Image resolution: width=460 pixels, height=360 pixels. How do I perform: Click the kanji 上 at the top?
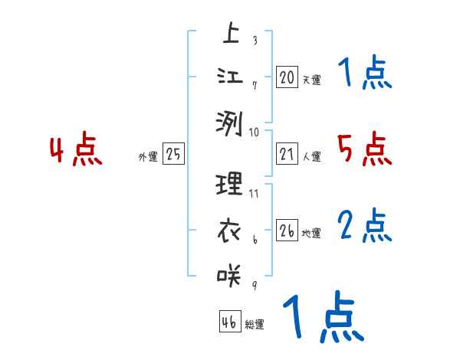click(230, 34)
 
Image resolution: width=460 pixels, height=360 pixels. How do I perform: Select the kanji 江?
click(230, 77)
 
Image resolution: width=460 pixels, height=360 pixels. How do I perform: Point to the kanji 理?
click(230, 184)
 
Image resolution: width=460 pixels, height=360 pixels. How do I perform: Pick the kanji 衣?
click(230, 229)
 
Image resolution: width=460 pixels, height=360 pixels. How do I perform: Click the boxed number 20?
click(287, 77)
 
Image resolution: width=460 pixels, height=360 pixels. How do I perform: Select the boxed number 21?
click(287, 154)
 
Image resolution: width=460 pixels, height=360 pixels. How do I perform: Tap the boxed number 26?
click(287, 231)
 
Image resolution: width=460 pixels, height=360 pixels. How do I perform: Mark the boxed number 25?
click(173, 155)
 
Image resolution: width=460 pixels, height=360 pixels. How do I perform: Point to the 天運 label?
click(311, 80)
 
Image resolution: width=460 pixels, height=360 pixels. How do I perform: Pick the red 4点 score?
click(76, 151)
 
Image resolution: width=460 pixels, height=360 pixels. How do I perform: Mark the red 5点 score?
click(364, 149)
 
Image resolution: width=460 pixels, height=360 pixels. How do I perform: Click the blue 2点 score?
click(364, 225)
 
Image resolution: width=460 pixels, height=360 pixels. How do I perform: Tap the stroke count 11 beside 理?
click(254, 193)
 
